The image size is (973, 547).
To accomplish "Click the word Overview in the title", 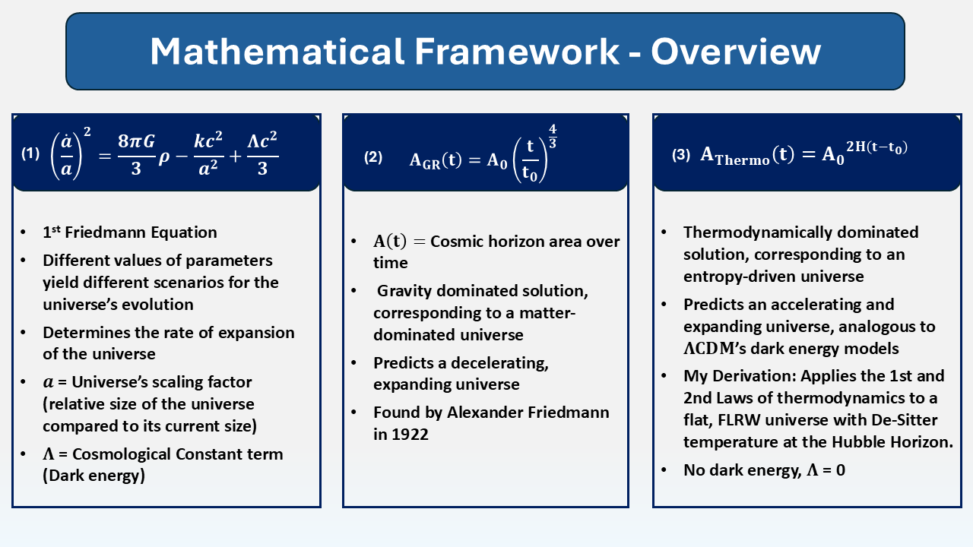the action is tap(735, 52).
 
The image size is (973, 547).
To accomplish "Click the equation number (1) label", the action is tap(30, 153).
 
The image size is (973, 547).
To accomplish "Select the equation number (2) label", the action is tap(373, 157).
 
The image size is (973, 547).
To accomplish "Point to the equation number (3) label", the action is tap(681, 155).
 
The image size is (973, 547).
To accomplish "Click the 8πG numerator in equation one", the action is tap(136, 141).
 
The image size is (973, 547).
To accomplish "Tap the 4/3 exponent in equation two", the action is tap(553, 136).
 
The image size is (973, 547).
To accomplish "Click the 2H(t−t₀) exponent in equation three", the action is tap(876, 147).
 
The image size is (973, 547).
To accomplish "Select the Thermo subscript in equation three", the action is tap(743, 160).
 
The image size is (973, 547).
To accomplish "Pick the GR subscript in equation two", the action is tap(431, 165).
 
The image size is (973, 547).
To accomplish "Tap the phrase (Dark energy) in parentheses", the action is tap(93, 476).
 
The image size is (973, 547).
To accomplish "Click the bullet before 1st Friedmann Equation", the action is tap(24, 232).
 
